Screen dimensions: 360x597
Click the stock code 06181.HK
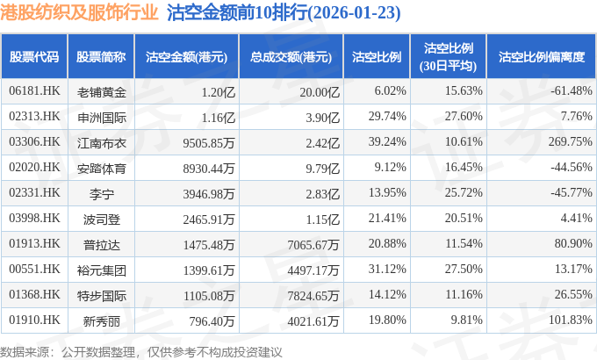coord(34,91)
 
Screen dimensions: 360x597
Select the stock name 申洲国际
coord(102,116)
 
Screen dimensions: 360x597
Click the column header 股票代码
coord(34,57)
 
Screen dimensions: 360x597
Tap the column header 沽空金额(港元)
coord(186,57)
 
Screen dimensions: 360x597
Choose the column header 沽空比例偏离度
coord(541,57)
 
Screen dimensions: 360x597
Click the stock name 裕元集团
coord(102,269)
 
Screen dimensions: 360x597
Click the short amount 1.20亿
coord(218,91)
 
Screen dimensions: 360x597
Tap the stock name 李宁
coord(102,192)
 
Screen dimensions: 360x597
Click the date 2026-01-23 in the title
coord(310,14)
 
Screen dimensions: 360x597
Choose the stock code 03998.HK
coord(34,218)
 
